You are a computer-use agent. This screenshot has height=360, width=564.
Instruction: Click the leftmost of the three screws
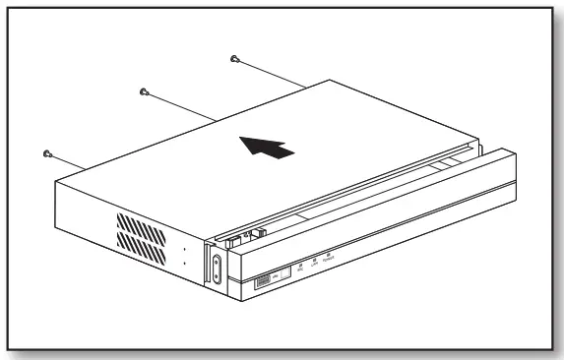[47, 153]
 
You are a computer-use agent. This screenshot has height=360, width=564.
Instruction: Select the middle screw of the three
[144, 91]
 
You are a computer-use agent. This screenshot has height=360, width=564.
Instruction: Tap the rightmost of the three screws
[234, 59]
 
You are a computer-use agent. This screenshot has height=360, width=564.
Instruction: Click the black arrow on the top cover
[267, 149]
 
